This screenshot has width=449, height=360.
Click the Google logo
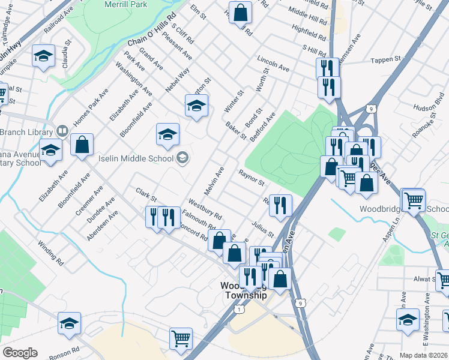(x=20, y=353)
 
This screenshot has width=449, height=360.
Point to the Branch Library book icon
(x=61, y=130)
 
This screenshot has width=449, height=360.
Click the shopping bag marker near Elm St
(x=240, y=13)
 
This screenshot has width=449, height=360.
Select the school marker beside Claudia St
(x=43, y=56)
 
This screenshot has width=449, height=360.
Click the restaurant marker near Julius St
(x=280, y=206)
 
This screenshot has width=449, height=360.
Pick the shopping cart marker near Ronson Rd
(x=181, y=339)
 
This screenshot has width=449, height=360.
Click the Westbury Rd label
(x=205, y=209)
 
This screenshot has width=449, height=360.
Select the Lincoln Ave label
(x=273, y=65)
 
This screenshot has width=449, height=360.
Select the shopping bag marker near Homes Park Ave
(x=82, y=145)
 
